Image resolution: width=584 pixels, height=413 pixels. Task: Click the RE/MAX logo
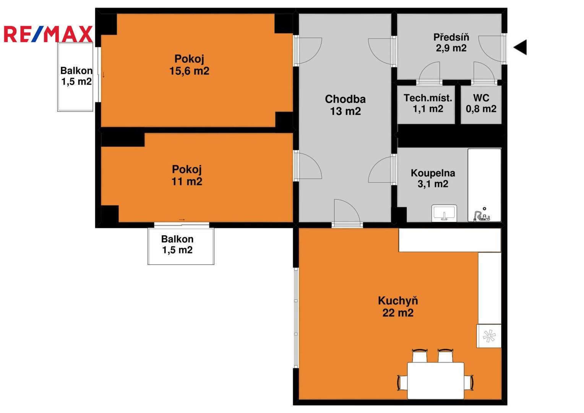click(48, 34)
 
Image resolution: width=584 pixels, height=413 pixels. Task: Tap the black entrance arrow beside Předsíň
click(520, 47)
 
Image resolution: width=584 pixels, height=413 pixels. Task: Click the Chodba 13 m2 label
click(346, 105)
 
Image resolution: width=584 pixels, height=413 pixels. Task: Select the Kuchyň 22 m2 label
click(398, 307)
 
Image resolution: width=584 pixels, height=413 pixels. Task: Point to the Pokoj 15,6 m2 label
click(189, 65)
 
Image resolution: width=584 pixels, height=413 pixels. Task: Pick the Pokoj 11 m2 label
click(187, 175)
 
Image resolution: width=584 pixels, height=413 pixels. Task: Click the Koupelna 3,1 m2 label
click(433, 179)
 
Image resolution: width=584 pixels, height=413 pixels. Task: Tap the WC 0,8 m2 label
click(481, 103)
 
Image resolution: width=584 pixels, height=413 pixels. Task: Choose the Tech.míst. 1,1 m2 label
click(428, 103)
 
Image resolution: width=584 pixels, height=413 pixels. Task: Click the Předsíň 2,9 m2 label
click(451, 42)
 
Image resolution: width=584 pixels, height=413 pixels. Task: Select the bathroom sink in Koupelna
click(444, 213)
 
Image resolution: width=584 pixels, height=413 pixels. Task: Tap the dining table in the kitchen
click(436, 380)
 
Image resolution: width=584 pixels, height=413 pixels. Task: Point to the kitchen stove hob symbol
click(489, 336)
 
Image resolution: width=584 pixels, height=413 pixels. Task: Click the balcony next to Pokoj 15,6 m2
click(75, 77)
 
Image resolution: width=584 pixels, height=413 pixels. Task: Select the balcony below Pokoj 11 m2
click(181, 246)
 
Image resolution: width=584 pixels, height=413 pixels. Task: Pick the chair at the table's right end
click(469, 382)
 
